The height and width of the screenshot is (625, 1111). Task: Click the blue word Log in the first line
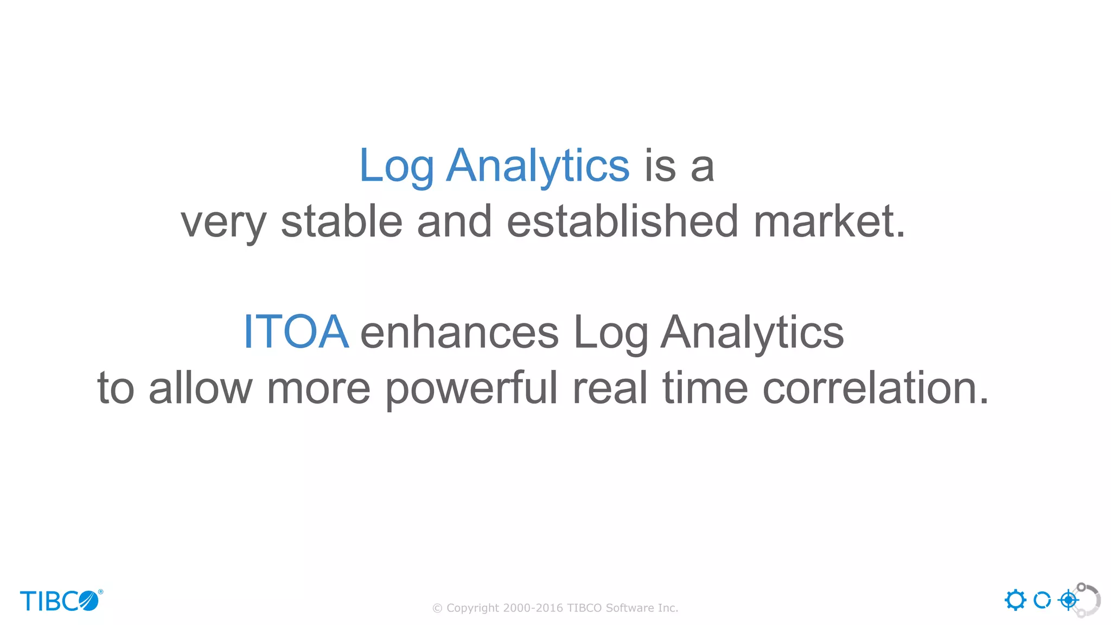pyautogui.click(x=397, y=167)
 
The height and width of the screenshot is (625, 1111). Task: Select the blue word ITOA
pyautogui.click(x=296, y=331)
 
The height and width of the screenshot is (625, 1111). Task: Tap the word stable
pyautogui.click(x=341, y=222)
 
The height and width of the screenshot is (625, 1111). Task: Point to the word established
pyautogui.click(x=622, y=222)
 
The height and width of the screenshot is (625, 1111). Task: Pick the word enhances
pyautogui.click(x=459, y=333)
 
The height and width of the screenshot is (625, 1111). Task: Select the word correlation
pyautogui.click(x=875, y=389)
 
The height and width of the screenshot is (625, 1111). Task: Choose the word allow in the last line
pyautogui.click(x=201, y=389)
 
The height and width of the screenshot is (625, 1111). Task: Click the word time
pyautogui.click(x=705, y=389)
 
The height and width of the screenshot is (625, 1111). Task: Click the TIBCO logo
pyautogui.click(x=61, y=601)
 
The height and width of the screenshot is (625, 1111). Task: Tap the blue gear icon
pyautogui.click(x=1015, y=600)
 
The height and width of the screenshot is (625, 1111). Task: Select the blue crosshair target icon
pyautogui.click(x=1068, y=600)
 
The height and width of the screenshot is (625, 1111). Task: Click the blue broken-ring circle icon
pyautogui.click(x=1042, y=600)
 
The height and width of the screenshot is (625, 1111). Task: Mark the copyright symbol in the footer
pyautogui.click(x=437, y=609)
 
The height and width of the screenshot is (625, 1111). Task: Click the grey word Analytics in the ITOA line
pyautogui.click(x=752, y=333)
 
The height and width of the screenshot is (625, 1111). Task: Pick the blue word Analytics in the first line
pyautogui.click(x=538, y=167)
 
